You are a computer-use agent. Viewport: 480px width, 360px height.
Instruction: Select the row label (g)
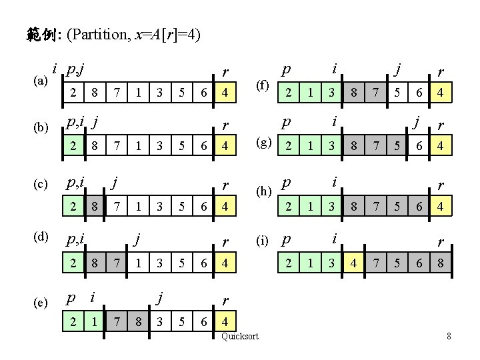point(265,144)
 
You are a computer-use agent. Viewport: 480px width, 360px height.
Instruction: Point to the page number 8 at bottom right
point(449,337)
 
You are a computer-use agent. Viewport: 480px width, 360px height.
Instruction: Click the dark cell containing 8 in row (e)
point(139,320)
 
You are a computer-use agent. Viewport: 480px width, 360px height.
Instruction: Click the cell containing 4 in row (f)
point(440,95)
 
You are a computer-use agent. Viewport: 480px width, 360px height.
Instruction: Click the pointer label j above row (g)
point(417,123)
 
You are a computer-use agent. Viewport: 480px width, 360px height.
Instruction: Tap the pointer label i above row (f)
point(334,69)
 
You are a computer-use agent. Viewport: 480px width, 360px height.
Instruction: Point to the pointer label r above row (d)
point(225,240)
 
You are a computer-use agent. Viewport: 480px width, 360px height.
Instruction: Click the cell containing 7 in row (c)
point(117,207)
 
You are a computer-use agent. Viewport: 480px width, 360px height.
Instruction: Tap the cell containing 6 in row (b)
point(203,145)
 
